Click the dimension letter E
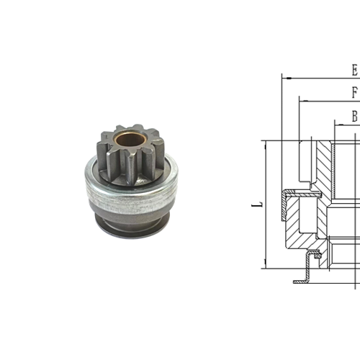point(354,70)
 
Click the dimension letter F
point(354,93)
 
